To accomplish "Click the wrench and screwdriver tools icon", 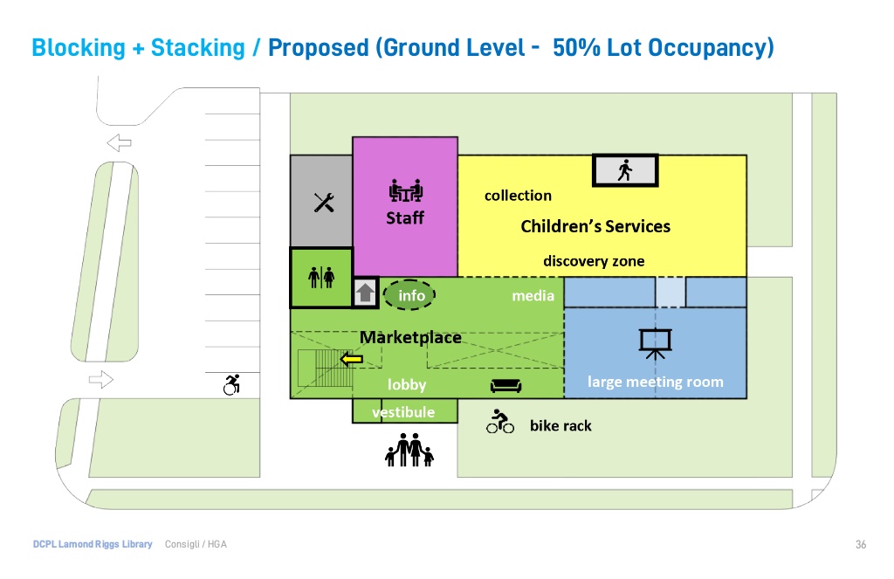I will pos(324,203).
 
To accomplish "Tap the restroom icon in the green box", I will pos(321,277).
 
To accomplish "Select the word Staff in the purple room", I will pos(405,218).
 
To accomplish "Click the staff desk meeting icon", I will pos(405,190).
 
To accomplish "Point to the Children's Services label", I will pos(595,226).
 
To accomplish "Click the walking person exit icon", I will pos(625,170).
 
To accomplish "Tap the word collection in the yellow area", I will pos(518,196).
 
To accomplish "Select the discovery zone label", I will pos(594,261).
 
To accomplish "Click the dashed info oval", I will pos(411,295).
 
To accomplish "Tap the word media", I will pos(533,296).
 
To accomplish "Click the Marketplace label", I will pos(410,337).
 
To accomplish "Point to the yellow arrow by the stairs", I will pos(352,359).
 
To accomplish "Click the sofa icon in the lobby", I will pos(506,384).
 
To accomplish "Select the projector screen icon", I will pos(655,342).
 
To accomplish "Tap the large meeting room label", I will pos(655,382).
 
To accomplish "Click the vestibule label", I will pos(403,412).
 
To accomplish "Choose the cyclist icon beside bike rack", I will pos(500,423).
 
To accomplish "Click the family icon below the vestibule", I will pos(409,451).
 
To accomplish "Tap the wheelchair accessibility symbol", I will pos(232,384).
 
